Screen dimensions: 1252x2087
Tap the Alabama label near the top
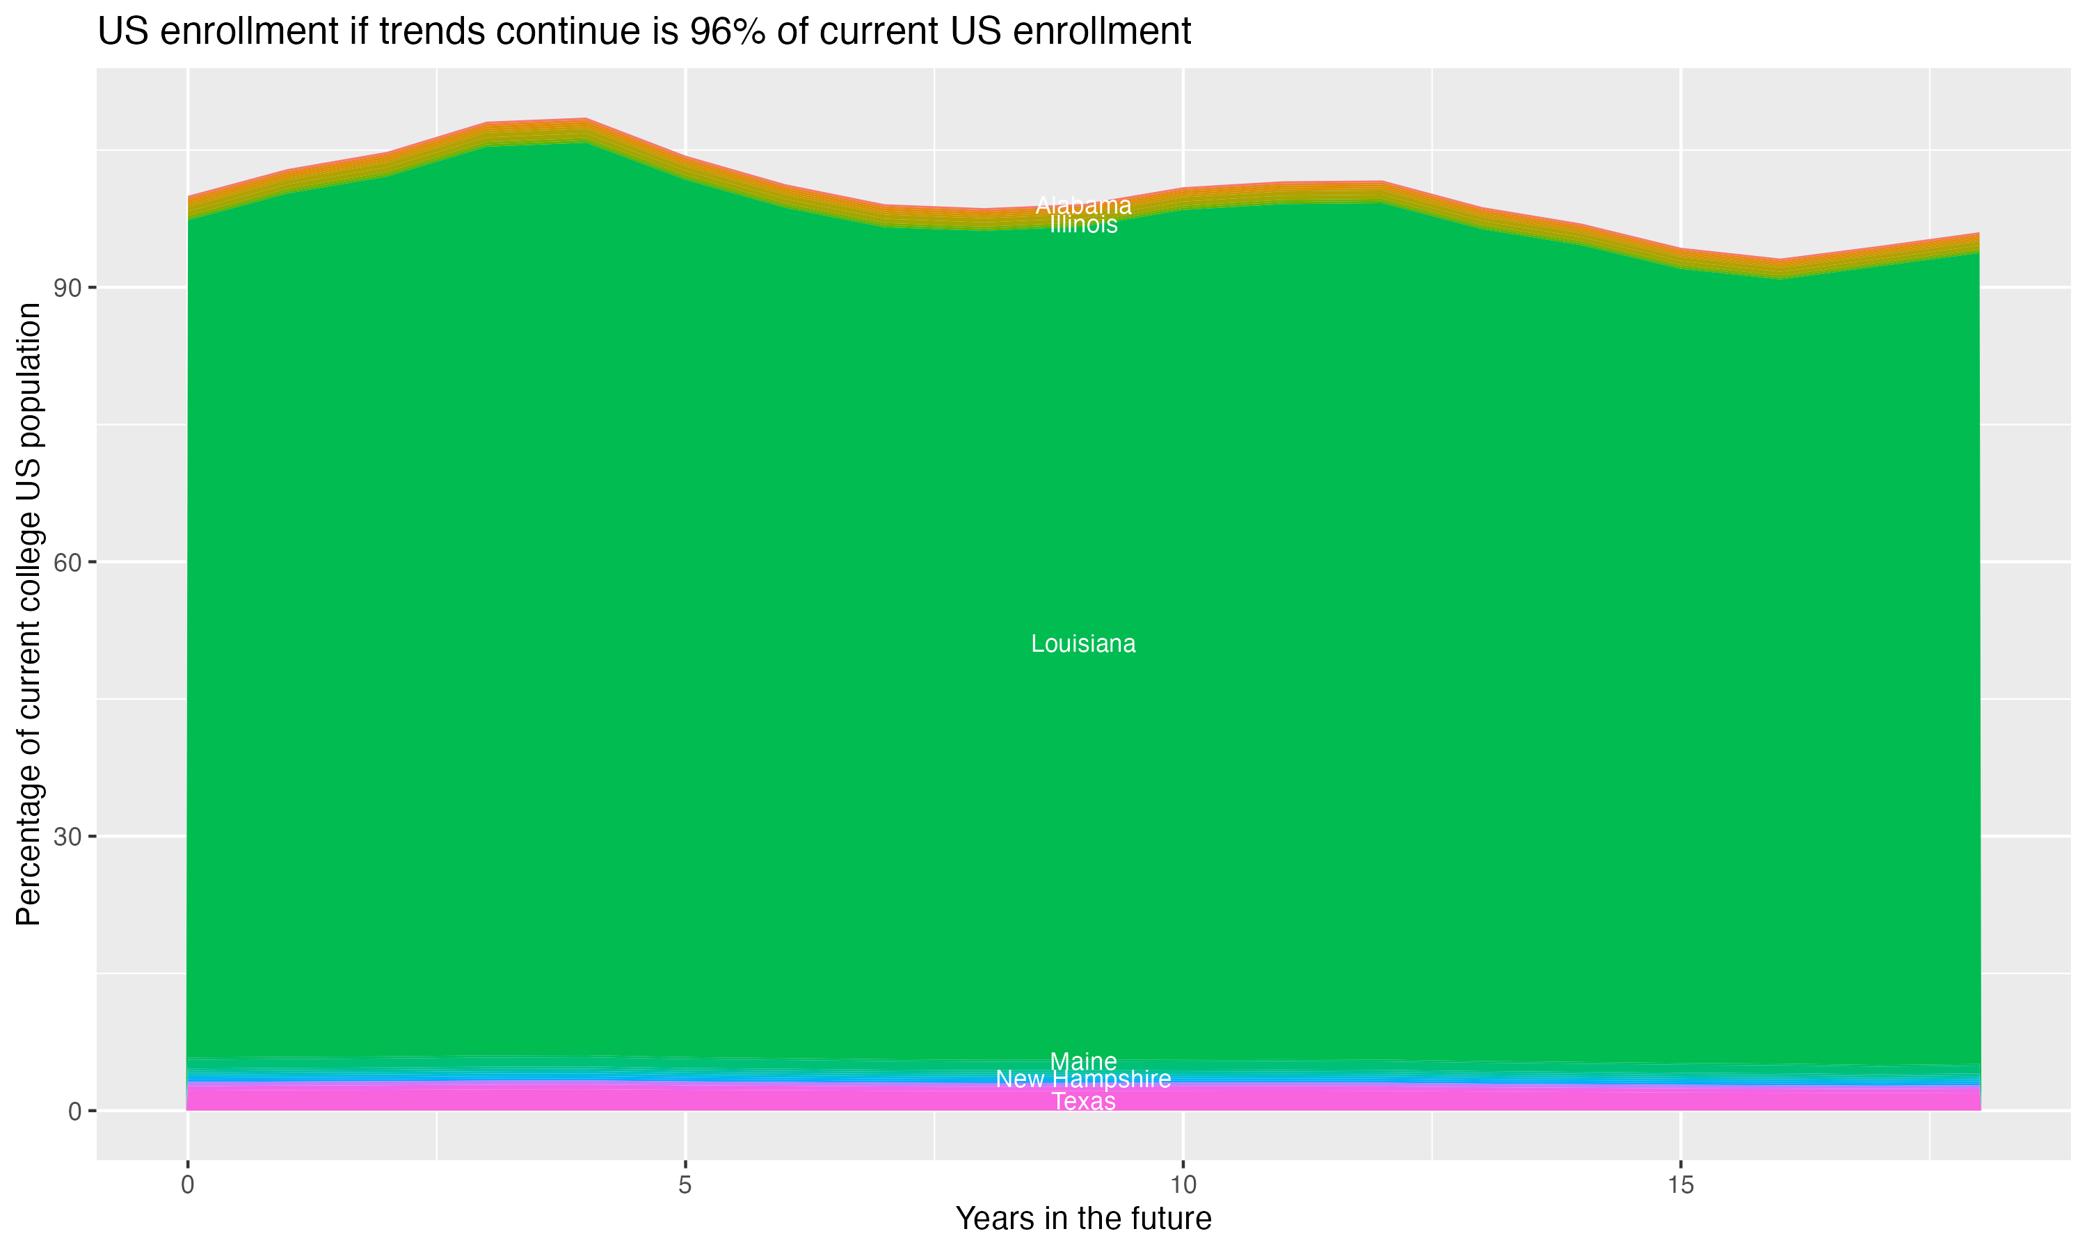click(x=1083, y=205)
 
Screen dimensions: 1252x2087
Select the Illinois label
click(x=1083, y=225)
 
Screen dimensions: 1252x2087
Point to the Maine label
click(x=1083, y=1061)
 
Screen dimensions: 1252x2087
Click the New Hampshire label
click(x=1083, y=1079)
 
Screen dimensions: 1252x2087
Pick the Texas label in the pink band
click(x=1083, y=1102)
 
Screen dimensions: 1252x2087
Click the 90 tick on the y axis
click(x=68, y=288)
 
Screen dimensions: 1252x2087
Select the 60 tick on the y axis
click(x=68, y=563)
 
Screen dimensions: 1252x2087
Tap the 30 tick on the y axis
click(x=68, y=837)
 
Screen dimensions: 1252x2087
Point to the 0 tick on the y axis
click(x=75, y=1111)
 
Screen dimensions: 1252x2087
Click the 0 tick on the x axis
click(x=187, y=1185)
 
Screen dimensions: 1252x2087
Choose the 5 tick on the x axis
click(x=685, y=1185)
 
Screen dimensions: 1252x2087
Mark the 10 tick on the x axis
click(x=1183, y=1185)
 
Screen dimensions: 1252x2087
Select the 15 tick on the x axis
click(x=1681, y=1185)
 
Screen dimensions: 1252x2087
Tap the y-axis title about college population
click(x=29, y=614)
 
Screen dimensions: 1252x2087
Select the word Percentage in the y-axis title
click(x=29, y=844)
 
